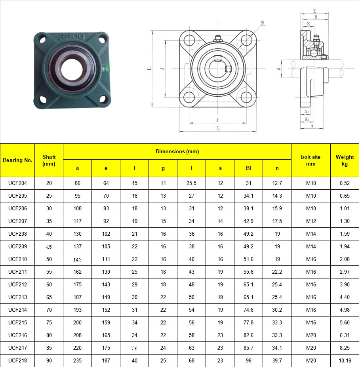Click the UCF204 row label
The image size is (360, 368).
point(17,183)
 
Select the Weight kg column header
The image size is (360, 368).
point(345,160)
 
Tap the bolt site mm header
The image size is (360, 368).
point(310,160)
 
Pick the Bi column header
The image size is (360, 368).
point(248,168)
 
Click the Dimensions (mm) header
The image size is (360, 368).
point(177,151)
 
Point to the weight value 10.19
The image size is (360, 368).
point(345,361)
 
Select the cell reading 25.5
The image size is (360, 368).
point(192,183)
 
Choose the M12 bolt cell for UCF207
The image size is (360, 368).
point(311,221)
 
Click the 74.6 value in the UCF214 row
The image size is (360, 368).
point(248,310)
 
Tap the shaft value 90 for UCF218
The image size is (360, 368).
point(49,361)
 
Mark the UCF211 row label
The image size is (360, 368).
point(17,272)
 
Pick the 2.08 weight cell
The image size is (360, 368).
point(345,259)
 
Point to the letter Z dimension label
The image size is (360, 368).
point(314,11)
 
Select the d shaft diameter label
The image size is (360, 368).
point(279,69)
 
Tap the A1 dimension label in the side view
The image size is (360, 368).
point(306,112)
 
